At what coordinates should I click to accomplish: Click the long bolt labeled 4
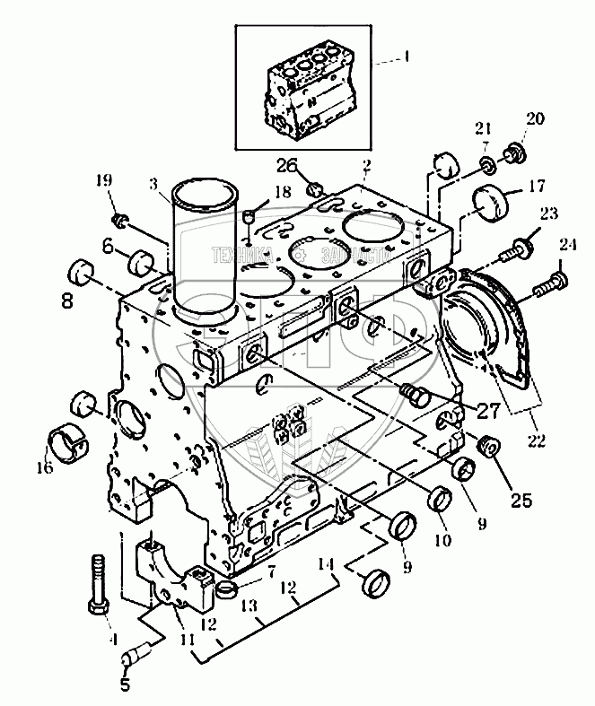pyautogui.click(x=98, y=583)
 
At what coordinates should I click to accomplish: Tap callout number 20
pyautogui.click(x=535, y=119)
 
